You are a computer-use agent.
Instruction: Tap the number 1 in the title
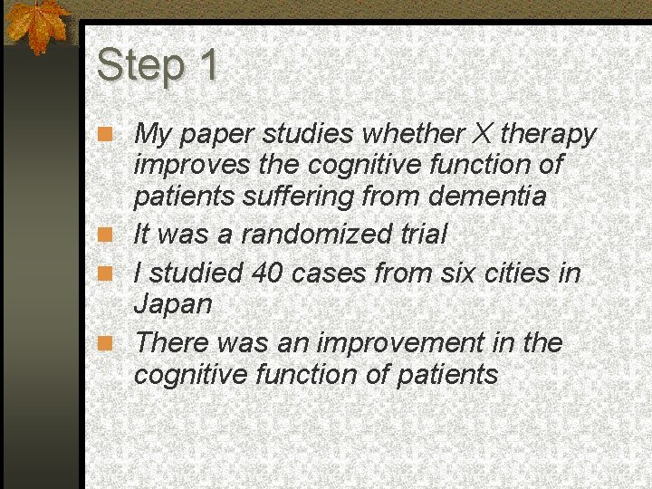[x=206, y=65]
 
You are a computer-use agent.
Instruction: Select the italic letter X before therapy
[x=482, y=135]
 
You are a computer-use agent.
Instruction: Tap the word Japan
[x=172, y=304]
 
